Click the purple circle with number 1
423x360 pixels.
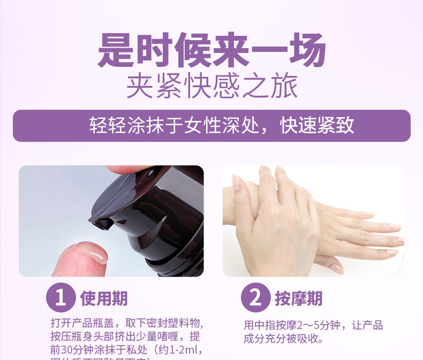[x=61, y=298]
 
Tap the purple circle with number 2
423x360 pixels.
[x=254, y=298]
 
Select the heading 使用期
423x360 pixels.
[x=104, y=298]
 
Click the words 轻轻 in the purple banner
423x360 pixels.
[x=107, y=126]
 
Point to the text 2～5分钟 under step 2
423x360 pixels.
[x=321, y=326]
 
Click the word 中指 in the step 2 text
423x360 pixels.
[x=269, y=326]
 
